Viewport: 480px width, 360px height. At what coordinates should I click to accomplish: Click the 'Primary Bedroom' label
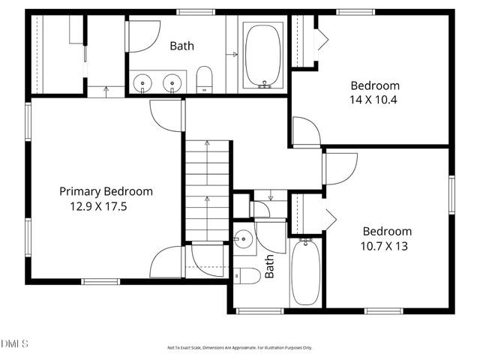coord(106,191)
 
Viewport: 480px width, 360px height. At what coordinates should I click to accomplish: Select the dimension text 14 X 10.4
coord(374,99)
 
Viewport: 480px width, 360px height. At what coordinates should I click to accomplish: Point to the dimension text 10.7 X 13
coord(387,245)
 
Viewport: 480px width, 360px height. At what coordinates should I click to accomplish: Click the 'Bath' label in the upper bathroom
coord(181,46)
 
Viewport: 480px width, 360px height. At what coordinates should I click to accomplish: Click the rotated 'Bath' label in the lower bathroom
coord(269,267)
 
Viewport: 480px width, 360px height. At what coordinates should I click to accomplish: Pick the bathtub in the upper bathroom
coord(263,56)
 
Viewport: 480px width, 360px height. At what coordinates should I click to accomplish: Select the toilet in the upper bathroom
coord(205,79)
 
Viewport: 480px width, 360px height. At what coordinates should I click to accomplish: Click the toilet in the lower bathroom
coord(247,276)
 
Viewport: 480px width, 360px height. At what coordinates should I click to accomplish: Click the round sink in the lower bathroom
coord(243,240)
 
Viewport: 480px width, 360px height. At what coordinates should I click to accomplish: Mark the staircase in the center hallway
coord(205,191)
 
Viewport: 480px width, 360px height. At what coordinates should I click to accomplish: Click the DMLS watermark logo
coord(14,343)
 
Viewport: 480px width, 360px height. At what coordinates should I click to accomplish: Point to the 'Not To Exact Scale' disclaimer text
coord(239,348)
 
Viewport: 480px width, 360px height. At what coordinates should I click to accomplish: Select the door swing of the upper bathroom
coord(142,36)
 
